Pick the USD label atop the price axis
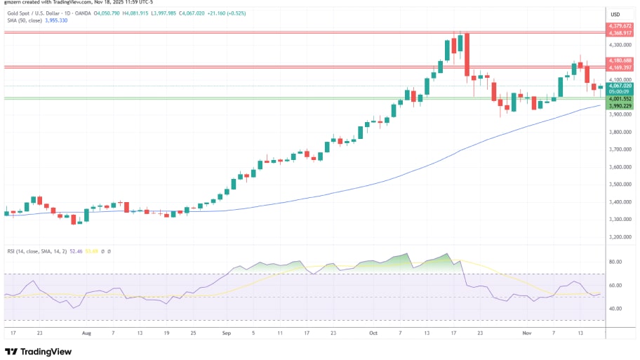point(615,14)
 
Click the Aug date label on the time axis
point(87,335)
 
